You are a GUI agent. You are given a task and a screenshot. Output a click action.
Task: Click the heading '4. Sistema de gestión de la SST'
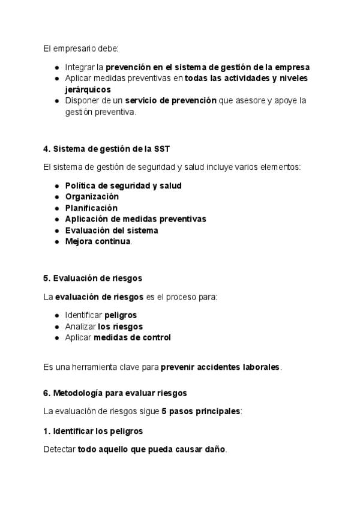pyautogui.click(x=102, y=149)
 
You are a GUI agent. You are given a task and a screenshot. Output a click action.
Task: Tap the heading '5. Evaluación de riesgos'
pyautogui.click(x=92, y=279)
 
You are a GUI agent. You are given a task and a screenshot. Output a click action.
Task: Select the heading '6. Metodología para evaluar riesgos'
pyautogui.click(x=115, y=393)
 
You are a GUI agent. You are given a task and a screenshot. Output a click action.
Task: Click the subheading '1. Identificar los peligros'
pyautogui.click(x=93, y=431)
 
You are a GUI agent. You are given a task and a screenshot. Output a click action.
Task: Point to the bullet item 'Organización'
pyautogui.click(x=92, y=197)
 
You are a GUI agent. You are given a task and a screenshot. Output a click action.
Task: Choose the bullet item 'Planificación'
pyautogui.click(x=91, y=208)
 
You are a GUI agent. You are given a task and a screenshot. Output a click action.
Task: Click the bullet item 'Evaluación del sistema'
pyautogui.click(x=112, y=230)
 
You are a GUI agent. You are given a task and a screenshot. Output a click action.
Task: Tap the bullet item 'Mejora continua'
pyautogui.click(x=98, y=241)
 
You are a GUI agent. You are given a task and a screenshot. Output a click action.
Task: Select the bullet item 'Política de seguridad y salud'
pyautogui.click(x=123, y=185)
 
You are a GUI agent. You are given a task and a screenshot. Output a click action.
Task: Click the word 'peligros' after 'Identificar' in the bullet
pyautogui.click(x=121, y=315)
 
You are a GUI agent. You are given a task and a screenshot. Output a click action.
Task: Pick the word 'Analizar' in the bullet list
pyautogui.click(x=80, y=327)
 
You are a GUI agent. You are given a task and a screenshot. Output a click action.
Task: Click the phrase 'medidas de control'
pyautogui.click(x=132, y=338)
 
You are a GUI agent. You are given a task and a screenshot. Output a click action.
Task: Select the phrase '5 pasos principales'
pyautogui.click(x=200, y=412)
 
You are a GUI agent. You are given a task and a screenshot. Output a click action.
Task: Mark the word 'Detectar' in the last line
pyautogui.click(x=59, y=450)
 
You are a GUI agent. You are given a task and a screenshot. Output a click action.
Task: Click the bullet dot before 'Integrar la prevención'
pyautogui.click(x=56, y=67)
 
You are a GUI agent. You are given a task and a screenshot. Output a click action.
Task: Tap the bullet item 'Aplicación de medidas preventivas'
pyautogui.click(x=136, y=219)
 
